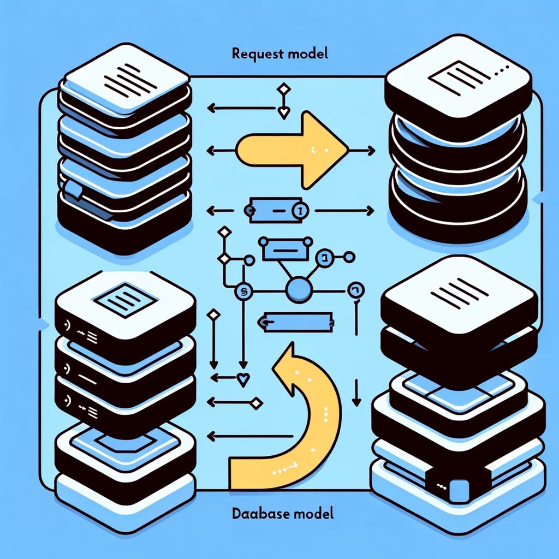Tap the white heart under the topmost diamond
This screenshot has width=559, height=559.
pos(283,113)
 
